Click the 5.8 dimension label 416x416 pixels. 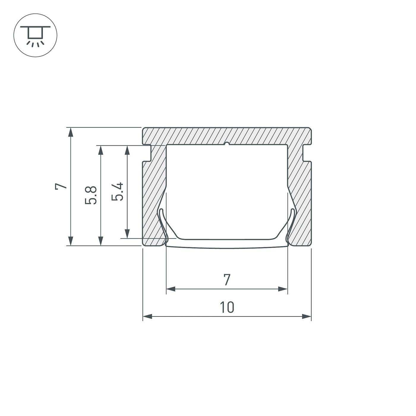pyautogui.click(x=91, y=195)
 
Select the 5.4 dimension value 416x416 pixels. pyautogui.click(x=117, y=192)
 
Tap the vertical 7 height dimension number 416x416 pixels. pyautogui.click(x=61, y=186)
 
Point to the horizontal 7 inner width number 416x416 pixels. pyautogui.click(x=227, y=280)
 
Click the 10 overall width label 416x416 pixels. pyautogui.click(x=227, y=307)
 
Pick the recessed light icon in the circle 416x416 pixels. pyautogui.click(x=35, y=35)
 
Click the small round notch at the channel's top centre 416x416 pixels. pyautogui.click(x=227, y=144)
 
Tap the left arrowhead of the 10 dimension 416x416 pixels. pyautogui.click(x=147, y=317)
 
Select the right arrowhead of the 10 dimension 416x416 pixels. pyautogui.click(x=307, y=317)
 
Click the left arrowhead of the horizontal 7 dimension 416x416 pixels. pyautogui.click(x=171, y=289)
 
